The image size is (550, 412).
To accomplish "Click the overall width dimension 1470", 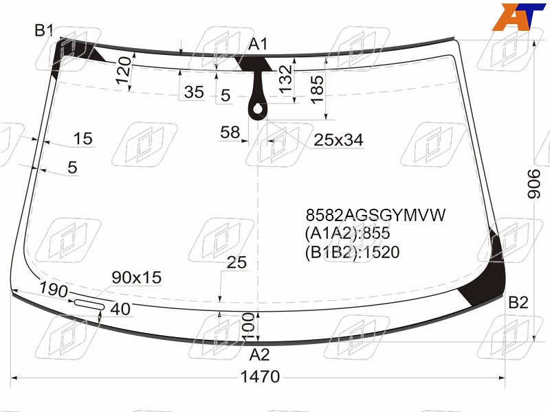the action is click(260, 377).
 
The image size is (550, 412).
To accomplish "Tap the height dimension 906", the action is click(535, 184).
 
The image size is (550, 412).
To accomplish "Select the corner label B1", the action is click(44, 30).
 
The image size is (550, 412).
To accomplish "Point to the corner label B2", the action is click(518, 302).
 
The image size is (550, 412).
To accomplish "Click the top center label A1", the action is click(258, 45).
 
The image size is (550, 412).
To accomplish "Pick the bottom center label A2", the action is click(259, 355).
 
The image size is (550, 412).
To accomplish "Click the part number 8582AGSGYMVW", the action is click(375, 215).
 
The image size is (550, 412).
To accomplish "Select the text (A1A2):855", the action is click(347, 233).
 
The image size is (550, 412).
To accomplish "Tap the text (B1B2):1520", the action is click(352, 252).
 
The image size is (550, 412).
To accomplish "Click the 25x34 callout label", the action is click(338, 140).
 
